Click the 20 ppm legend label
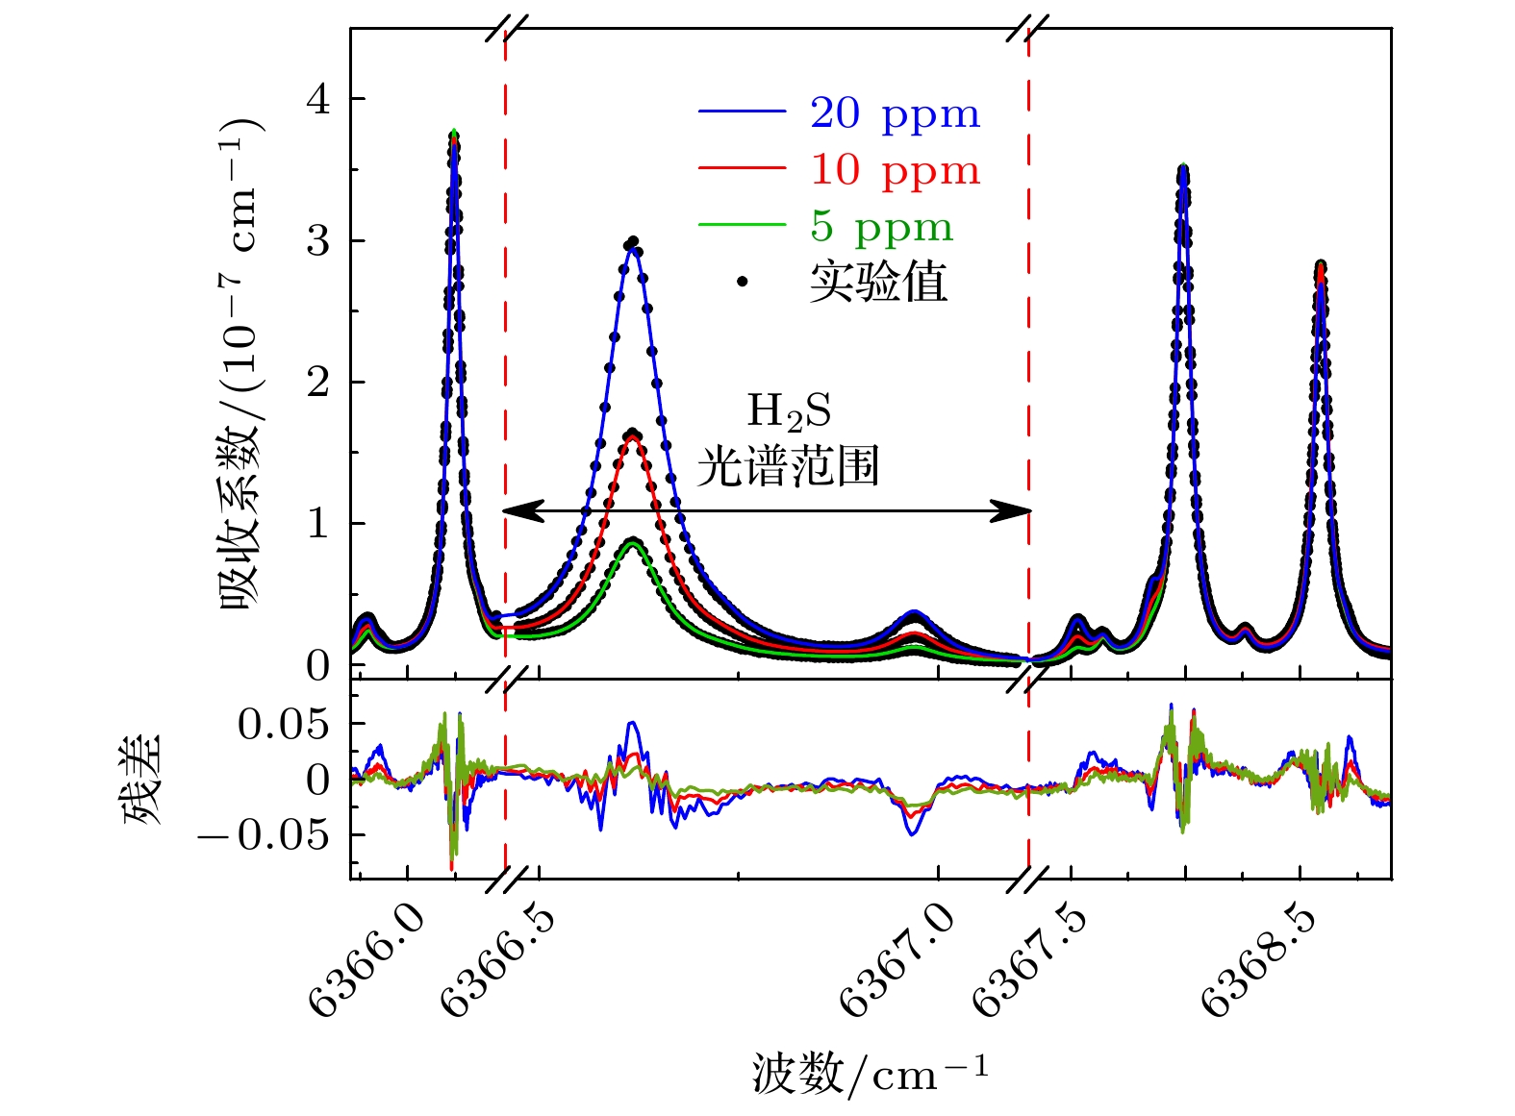click(x=895, y=113)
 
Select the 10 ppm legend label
click(x=895, y=170)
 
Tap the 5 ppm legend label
click(x=881, y=227)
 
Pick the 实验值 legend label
click(x=878, y=283)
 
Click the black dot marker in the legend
click(x=742, y=282)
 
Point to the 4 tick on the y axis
click(x=318, y=100)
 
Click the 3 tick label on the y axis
click(x=318, y=241)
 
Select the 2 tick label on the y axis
click(x=318, y=383)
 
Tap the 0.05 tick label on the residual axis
click(x=284, y=724)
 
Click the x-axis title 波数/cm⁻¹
click(x=870, y=1073)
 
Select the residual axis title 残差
click(x=142, y=780)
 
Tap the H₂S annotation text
click(x=789, y=411)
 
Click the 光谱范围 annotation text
click(x=789, y=467)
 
